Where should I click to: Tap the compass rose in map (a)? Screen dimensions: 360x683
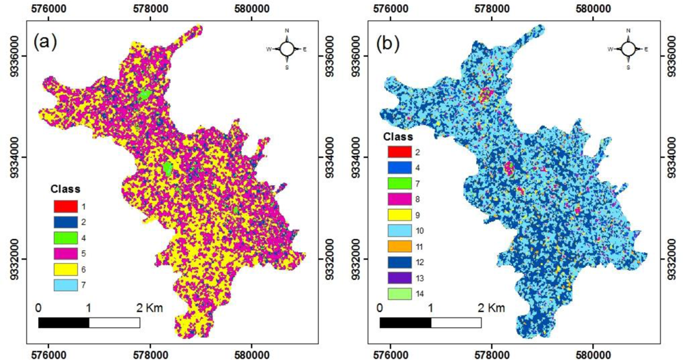287,49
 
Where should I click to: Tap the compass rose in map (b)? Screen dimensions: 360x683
628,49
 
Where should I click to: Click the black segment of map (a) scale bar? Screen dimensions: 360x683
64,322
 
